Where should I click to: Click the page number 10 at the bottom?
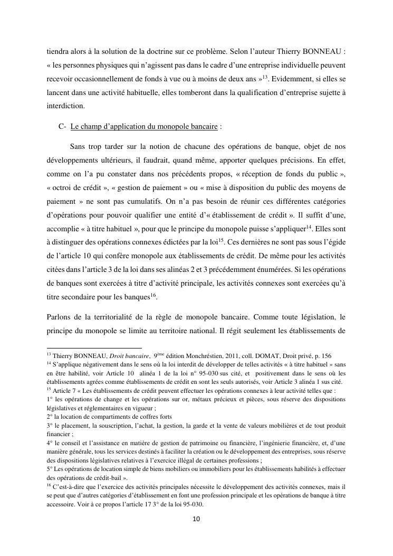click(x=196, y=519)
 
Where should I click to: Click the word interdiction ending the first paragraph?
click(x=64, y=105)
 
